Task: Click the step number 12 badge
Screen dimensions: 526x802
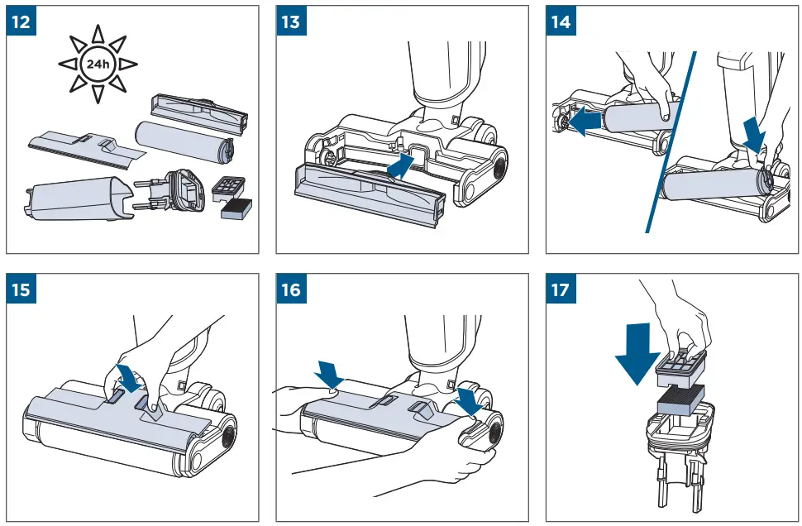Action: (22, 22)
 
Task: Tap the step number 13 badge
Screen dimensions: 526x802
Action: (292, 22)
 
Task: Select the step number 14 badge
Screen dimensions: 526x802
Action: (561, 22)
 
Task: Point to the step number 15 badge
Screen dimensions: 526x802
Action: (22, 291)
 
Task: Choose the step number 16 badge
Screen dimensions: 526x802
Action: (292, 291)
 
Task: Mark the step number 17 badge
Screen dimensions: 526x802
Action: (561, 291)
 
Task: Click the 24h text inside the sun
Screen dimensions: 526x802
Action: (98, 63)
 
